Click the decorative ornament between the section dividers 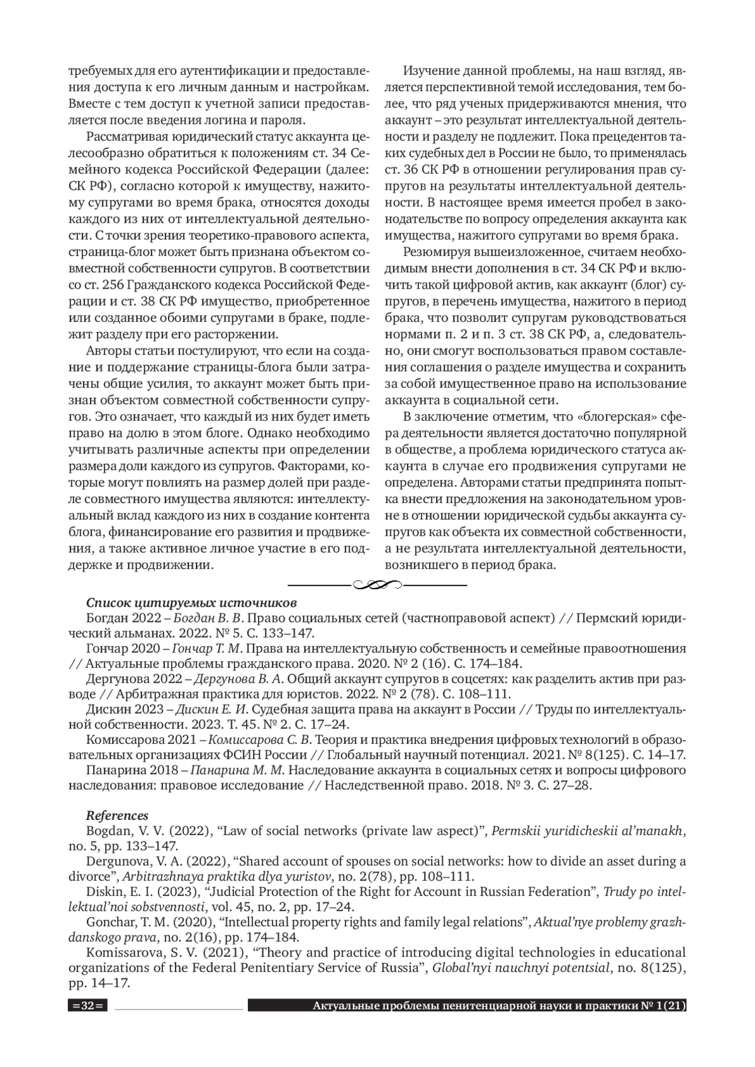point(377,585)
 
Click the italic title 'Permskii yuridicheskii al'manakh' point(586,831)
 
